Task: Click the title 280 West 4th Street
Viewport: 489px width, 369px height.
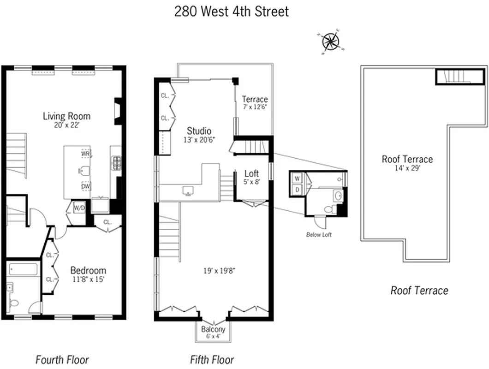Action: (232, 11)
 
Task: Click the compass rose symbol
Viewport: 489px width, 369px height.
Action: (331, 42)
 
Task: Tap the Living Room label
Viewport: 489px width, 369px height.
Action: (66, 116)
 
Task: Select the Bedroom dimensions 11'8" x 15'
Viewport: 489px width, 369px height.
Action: (88, 279)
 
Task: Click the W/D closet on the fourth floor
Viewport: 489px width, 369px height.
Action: (79, 208)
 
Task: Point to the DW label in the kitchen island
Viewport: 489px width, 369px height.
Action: (85, 187)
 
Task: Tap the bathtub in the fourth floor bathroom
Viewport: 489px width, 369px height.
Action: (23, 269)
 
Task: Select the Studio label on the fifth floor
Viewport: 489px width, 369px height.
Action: (199, 131)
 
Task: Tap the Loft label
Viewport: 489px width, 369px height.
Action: (251, 173)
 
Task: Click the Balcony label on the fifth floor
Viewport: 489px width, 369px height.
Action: (213, 329)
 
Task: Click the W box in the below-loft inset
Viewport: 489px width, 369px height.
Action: (297, 178)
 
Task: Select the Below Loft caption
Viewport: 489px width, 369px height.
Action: (319, 235)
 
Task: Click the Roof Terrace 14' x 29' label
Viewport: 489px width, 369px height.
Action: (407, 159)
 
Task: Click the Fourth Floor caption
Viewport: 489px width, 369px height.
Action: (62, 359)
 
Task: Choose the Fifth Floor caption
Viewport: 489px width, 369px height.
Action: (212, 359)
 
